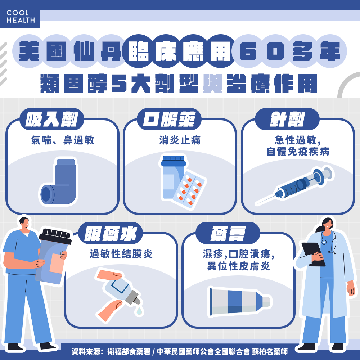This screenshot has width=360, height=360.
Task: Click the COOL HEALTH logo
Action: (x=21, y=16)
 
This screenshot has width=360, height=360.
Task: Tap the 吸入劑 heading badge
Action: (x=52, y=119)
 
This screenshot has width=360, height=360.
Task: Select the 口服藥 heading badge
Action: (x=169, y=119)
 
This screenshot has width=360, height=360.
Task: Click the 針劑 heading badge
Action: (x=287, y=119)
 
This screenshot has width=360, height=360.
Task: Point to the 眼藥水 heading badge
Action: (x=111, y=233)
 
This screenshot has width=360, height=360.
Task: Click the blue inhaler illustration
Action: (x=58, y=181)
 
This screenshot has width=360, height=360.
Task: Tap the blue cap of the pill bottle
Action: (x=174, y=161)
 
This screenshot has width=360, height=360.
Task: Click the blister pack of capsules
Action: (x=190, y=190)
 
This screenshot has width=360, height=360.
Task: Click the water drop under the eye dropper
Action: (x=139, y=310)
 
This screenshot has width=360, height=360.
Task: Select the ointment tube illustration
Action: (x=240, y=301)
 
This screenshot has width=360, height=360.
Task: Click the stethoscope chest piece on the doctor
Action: (x=324, y=242)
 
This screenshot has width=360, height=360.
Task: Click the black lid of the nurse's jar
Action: (x=55, y=236)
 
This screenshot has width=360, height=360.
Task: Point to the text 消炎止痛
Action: (x=180, y=140)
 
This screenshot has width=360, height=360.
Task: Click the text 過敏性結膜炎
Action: (x=121, y=254)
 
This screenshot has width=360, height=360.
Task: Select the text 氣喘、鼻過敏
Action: (x=62, y=140)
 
